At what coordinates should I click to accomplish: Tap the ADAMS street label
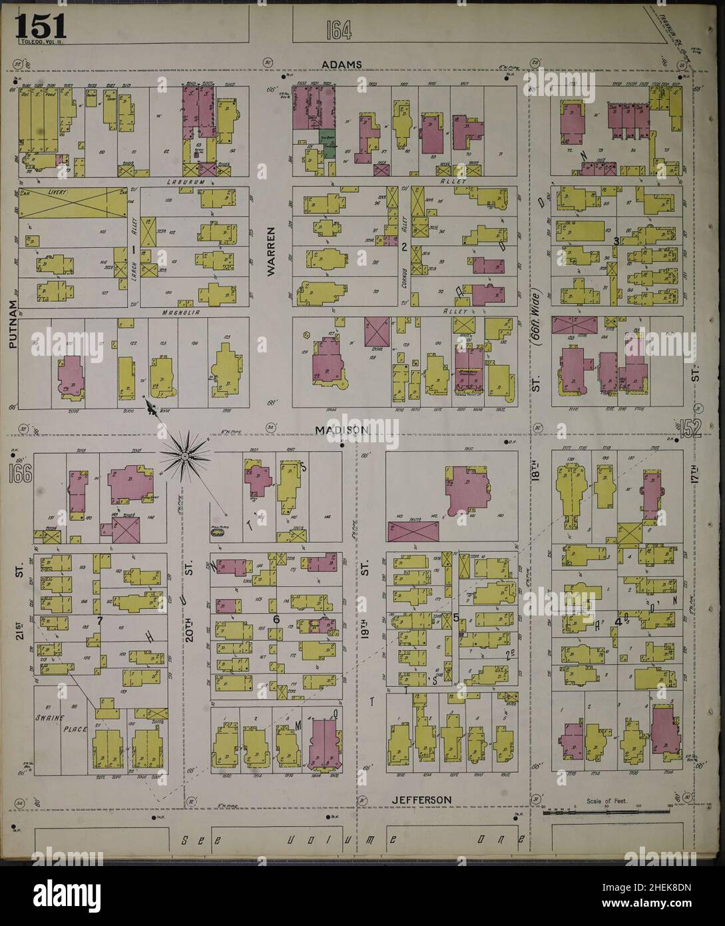click(342, 65)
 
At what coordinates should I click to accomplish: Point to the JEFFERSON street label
click(421, 799)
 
